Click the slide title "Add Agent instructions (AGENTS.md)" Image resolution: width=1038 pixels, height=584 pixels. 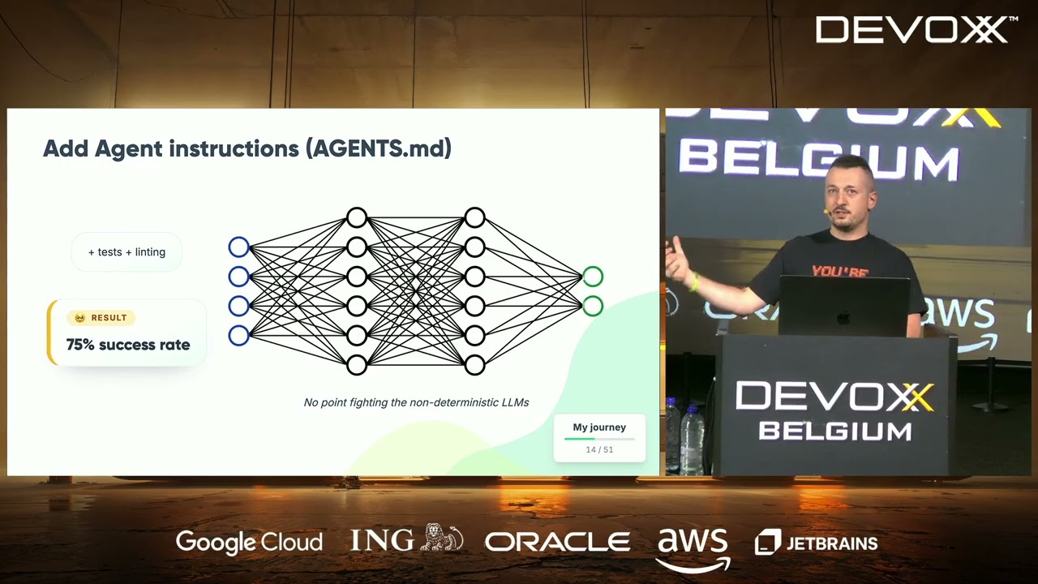247,148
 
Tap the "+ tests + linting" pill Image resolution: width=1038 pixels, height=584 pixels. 127,251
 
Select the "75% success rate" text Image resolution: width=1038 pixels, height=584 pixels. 128,345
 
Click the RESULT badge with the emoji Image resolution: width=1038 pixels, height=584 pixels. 101,317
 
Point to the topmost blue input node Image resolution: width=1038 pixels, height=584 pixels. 239,247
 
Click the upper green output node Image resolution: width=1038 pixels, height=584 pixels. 593,277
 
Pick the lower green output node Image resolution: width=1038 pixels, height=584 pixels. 593,306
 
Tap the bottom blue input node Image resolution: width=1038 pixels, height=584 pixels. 239,336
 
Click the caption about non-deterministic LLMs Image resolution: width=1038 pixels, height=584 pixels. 416,402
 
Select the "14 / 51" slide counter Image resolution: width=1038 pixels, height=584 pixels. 599,449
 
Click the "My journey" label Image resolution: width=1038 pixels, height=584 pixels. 599,427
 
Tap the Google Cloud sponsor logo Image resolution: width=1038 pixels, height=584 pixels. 249,543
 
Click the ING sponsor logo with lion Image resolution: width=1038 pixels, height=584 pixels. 407,539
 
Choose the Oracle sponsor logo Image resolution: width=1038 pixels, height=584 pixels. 557,541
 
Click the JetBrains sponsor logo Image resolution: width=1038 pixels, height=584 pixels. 817,543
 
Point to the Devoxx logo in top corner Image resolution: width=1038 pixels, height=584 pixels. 916,30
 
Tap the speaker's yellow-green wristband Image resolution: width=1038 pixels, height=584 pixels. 694,282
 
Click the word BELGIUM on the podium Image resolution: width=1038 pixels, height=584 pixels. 835,432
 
